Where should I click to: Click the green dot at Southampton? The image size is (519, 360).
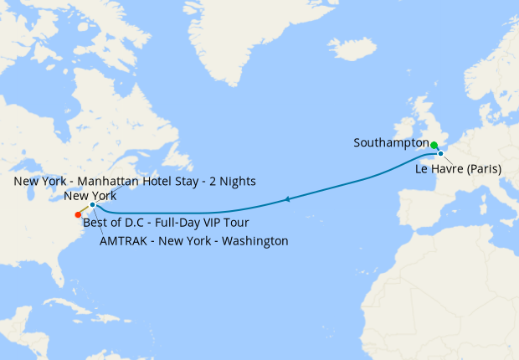click(434, 145)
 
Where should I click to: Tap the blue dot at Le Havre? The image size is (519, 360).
click(440, 154)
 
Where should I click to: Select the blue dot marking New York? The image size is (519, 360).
click(92, 204)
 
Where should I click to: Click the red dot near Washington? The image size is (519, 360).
click(78, 214)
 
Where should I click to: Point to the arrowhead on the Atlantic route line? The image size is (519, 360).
click(288, 199)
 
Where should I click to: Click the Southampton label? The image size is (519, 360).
click(391, 143)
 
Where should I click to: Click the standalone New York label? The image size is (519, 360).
click(90, 195)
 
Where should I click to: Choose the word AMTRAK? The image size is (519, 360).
click(123, 241)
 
